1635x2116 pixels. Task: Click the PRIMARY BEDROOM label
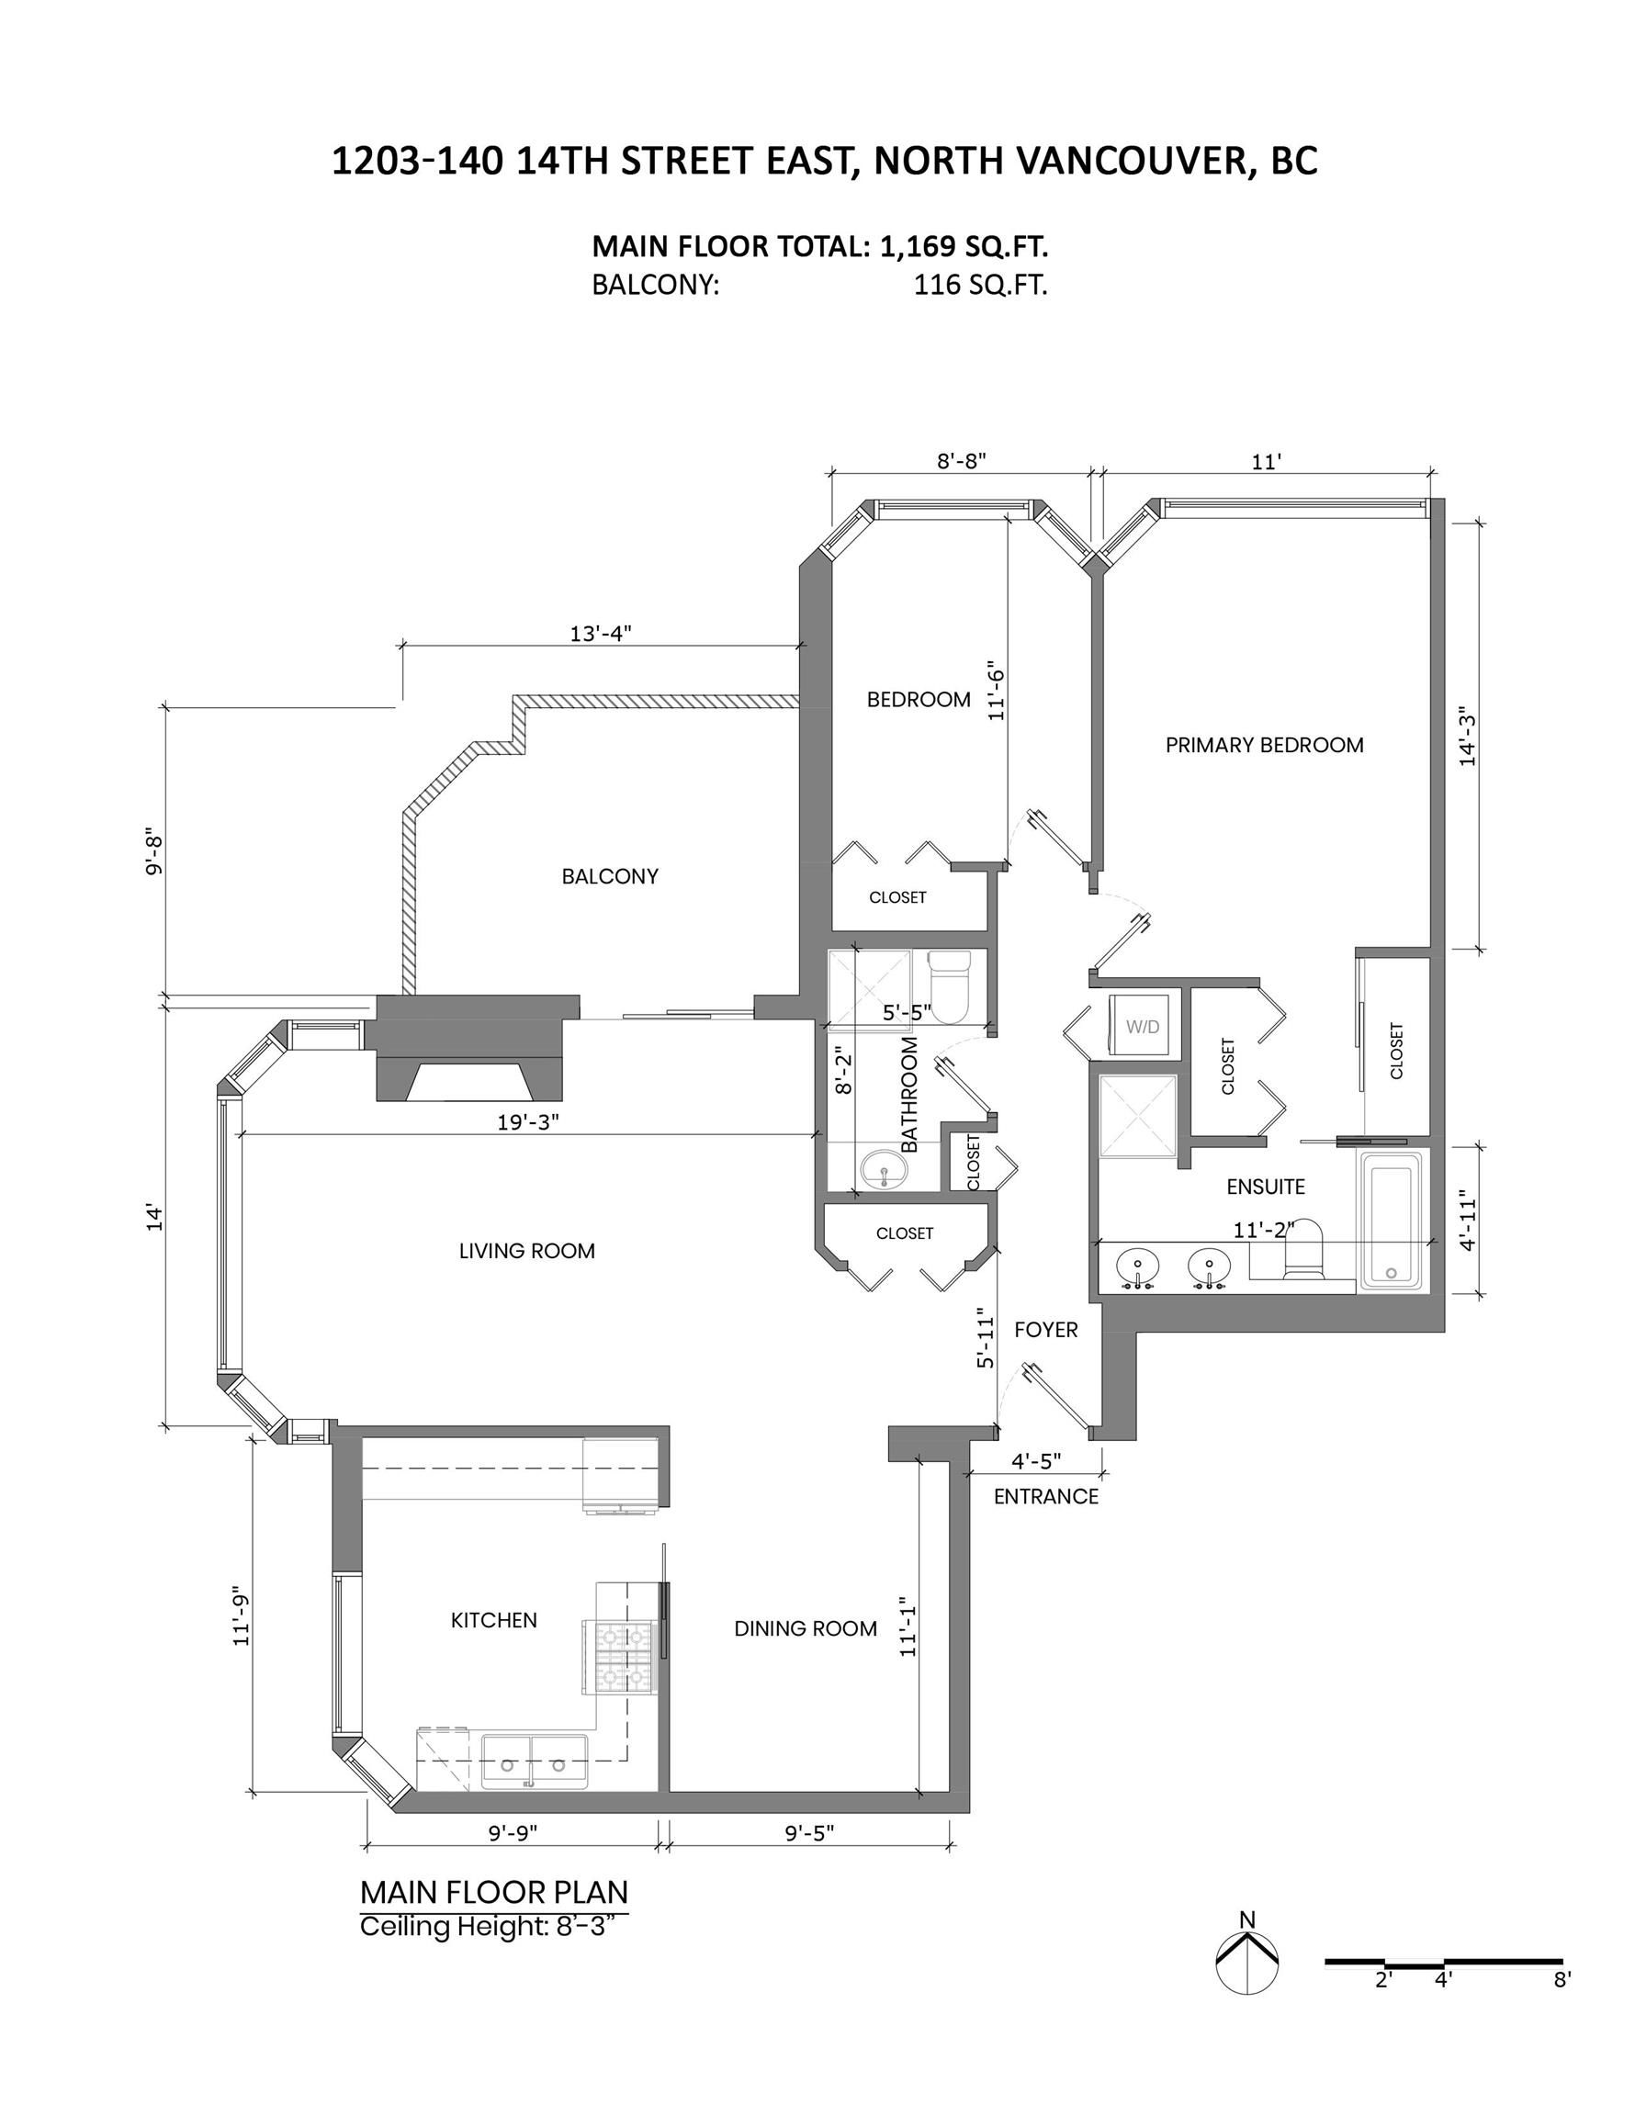tap(1264, 745)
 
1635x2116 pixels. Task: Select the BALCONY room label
tap(610, 877)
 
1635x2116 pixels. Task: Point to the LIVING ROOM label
tap(526, 1251)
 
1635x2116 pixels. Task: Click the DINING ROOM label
tap(806, 1628)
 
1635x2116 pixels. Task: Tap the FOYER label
tap(1045, 1330)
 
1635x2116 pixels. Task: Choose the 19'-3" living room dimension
tap(528, 1123)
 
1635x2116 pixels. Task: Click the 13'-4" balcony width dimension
tap(600, 634)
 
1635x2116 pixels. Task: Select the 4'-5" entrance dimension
tap(1036, 1460)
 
